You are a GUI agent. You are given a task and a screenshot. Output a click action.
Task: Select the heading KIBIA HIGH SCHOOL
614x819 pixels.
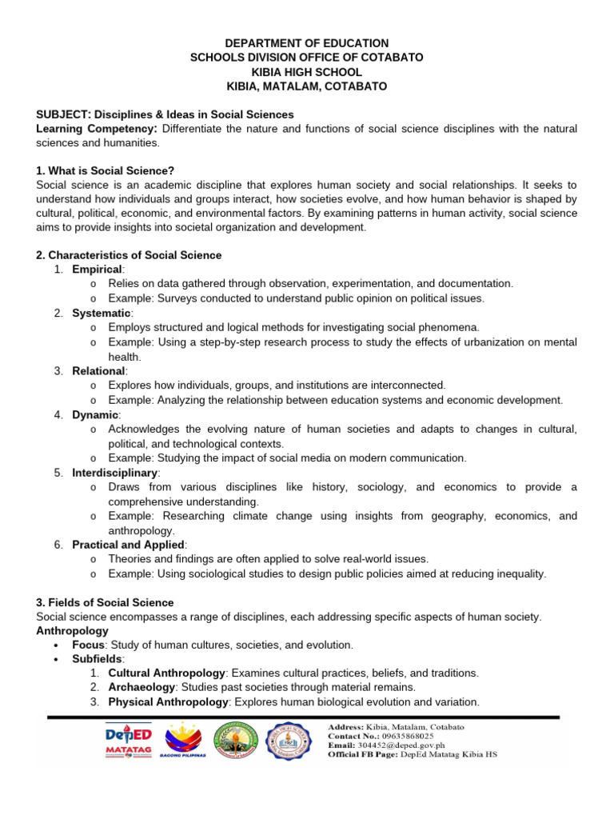point(307,72)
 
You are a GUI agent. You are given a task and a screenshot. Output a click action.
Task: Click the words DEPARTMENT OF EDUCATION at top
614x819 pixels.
point(307,43)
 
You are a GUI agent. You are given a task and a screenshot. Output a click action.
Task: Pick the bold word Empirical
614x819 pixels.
point(97,270)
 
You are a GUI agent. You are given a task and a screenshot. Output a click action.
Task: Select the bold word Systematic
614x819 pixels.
point(101,313)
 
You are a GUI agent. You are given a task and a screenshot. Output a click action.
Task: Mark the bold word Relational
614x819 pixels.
point(98,371)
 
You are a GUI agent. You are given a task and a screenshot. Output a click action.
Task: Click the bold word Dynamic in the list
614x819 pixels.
point(94,414)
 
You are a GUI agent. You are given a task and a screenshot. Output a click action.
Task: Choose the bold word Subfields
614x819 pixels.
point(95,658)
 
